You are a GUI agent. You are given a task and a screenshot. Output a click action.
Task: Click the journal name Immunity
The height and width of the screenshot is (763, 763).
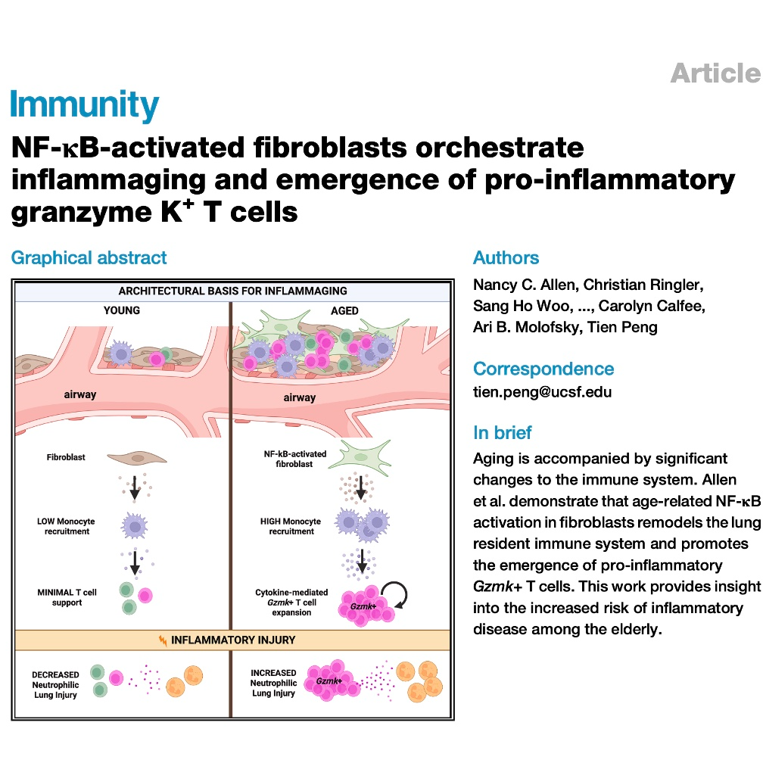(x=84, y=104)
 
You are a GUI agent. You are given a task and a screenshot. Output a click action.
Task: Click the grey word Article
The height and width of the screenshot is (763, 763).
(x=716, y=73)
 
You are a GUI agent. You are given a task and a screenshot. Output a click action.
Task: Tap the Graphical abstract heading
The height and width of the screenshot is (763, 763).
(x=89, y=257)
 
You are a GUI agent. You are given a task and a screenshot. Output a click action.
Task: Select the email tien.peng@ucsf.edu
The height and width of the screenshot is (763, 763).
(x=542, y=392)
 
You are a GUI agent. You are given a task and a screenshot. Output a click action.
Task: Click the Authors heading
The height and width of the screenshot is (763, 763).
(x=506, y=257)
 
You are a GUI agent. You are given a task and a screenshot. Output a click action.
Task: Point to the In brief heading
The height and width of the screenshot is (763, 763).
(x=502, y=433)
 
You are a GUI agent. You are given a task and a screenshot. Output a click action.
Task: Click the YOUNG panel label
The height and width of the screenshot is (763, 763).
(x=122, y=310)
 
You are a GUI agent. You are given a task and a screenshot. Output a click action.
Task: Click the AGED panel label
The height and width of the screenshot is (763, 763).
(x=344, y=310)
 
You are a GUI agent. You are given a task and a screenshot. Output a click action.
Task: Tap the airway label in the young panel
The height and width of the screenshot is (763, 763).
(x=79, y=394)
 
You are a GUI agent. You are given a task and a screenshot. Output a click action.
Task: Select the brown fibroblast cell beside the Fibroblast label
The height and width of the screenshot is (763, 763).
(x=137, y=458)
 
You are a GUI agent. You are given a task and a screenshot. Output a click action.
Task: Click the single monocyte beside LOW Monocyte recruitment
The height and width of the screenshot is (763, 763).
(x=134, y=526)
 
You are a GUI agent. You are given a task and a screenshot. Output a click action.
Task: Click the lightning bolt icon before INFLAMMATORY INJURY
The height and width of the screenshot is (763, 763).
(x=163, y=640)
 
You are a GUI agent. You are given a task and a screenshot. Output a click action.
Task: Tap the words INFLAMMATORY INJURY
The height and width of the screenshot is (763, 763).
(x=233, y=640)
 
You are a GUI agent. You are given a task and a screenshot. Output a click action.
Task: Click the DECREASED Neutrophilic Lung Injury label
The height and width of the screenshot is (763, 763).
(x=55, y=684)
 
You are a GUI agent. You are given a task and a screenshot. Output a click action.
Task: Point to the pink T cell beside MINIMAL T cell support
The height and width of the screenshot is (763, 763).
(x=145, y=595)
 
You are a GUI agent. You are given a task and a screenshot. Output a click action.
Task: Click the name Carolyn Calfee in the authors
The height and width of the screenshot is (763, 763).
(x=652, y=306)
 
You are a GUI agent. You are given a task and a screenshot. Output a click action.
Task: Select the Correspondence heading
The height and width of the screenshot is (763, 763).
(x=543, y=369)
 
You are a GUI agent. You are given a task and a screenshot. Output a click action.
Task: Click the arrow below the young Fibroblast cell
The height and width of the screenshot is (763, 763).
(x=135, y=487)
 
